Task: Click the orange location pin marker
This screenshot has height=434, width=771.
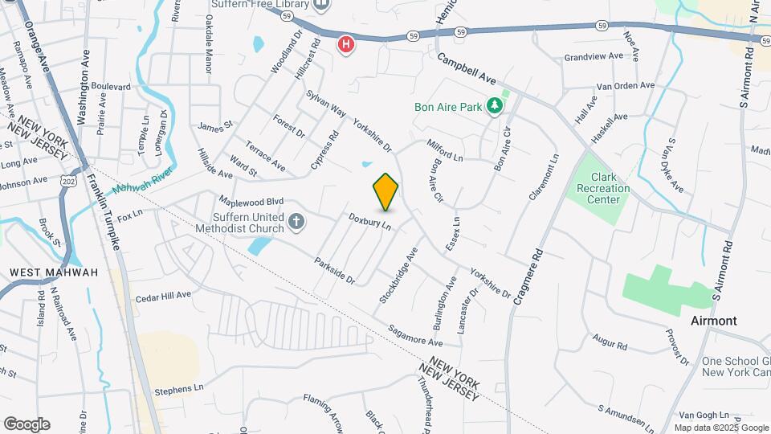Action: (385, 191)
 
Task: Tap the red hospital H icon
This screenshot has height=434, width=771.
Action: (346, 43)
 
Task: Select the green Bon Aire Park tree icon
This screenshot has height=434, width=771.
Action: (496, 105)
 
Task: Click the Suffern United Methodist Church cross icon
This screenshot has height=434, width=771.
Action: (296, 222)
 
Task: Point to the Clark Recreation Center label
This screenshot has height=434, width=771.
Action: (609, 188)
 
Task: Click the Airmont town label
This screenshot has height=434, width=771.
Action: (714, 321)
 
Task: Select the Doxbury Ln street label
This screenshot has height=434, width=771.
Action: (369, 221)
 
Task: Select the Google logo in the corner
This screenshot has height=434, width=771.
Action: (27, 424)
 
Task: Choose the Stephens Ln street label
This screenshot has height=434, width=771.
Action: (179, 389)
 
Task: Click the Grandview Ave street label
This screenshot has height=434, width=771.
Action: (594, 56)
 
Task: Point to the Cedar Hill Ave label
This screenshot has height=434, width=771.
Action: (163, 295)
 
